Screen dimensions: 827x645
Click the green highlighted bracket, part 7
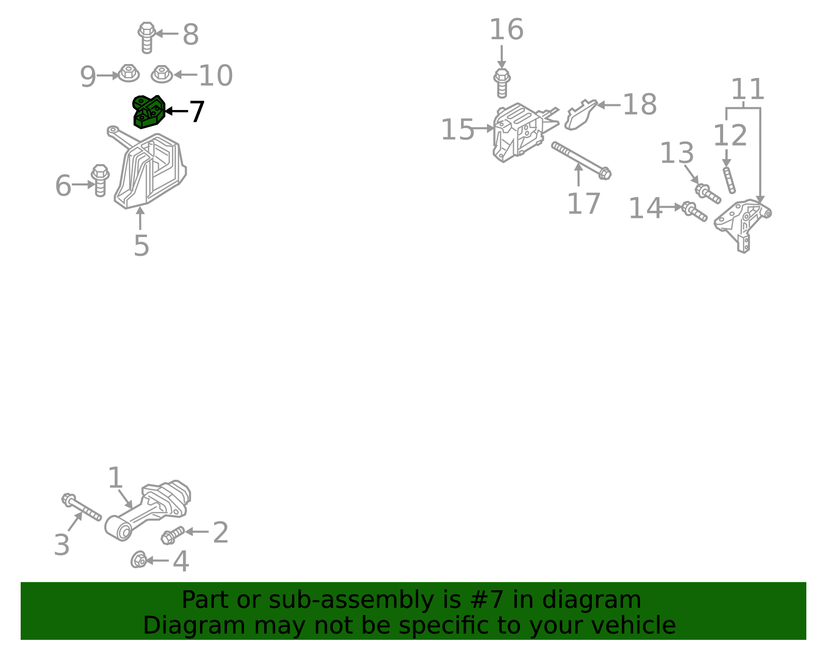click(148, 112)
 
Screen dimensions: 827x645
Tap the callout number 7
click(197, 112)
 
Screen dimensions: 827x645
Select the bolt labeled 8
click(146, 38)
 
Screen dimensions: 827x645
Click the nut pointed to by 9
click(129, 73)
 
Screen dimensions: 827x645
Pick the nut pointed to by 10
click(162, 74)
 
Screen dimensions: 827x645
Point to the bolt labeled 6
click(100, 181)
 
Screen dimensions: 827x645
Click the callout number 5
click(141, 245)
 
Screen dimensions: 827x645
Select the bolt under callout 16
click(502, 84)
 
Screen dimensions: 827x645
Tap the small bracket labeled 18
click(580, 115)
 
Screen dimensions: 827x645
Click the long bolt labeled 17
click(581, 161)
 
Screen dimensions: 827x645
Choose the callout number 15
click(457, 130)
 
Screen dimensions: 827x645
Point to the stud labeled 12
click(729, 180)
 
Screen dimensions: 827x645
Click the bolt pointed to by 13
click(708, 194)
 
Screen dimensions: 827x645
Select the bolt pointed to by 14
click(694, 211)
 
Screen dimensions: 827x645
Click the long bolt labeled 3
click(82, 507)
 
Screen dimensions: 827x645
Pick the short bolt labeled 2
click(173, 535)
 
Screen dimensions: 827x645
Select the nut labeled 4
click(139, 559)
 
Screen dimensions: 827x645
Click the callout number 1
click(115, 478)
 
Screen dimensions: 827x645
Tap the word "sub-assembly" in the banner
click(351, 600)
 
